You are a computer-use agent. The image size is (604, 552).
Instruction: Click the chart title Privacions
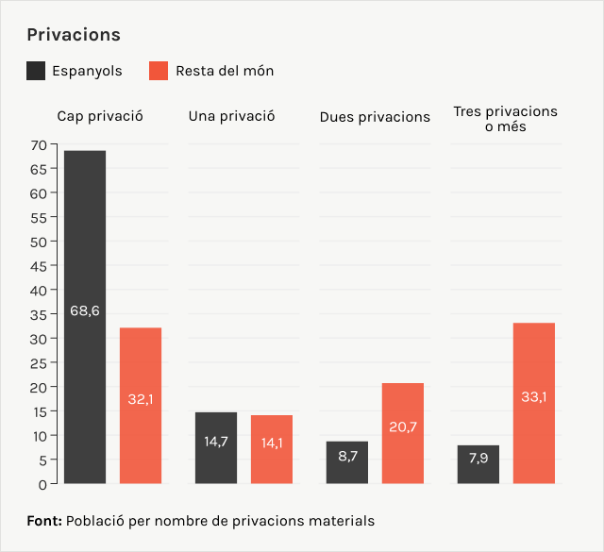point(74,35)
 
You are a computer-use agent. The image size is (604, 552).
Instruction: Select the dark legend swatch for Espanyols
point(37,71)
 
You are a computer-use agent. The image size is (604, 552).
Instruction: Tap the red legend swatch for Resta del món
point(159,71)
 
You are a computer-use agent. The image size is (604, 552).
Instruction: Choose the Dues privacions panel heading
point(375,117)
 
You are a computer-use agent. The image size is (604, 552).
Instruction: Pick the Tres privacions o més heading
point(505,119)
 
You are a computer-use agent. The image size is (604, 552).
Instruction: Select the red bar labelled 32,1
point(141,406)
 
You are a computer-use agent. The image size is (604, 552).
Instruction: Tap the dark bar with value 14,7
point(216,448)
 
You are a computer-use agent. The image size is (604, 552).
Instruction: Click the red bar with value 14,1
point(272,449)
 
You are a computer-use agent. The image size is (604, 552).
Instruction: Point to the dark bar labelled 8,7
point(347,462)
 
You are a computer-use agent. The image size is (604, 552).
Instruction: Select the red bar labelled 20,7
point(403,433)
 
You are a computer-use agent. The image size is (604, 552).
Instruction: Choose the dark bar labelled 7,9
point(478,464)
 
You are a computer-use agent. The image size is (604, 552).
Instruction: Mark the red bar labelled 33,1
point(534,403)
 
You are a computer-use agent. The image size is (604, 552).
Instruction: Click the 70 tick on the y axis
point(38,145)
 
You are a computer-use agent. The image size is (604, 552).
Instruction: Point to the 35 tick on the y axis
point(38,314)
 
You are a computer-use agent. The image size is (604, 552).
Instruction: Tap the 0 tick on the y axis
point(42,484)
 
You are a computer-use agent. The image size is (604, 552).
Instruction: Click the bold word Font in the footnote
point(44,520)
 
